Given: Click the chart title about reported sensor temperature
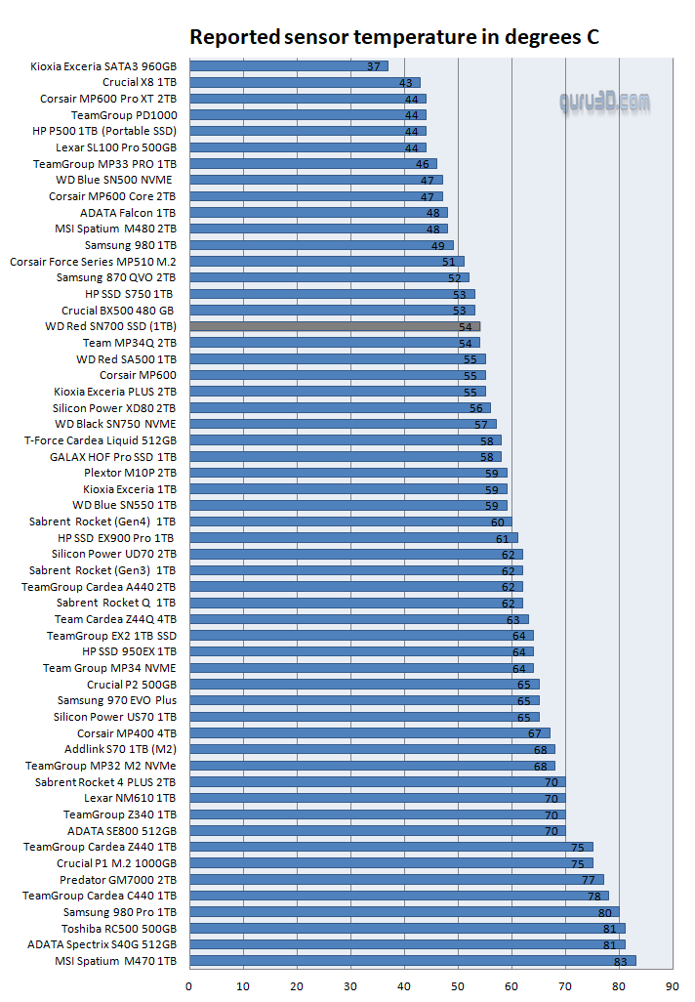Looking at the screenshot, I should (393, 37).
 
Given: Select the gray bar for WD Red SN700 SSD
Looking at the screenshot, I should (335, 326).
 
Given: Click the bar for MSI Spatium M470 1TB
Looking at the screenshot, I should (410, 960).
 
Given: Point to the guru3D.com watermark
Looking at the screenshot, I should (604, 101).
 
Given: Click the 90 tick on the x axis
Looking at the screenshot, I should (673, 985).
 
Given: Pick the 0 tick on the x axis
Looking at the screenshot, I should (189, 985).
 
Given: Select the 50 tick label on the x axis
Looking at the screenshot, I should (458, 985).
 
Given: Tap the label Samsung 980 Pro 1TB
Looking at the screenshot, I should (120, 911).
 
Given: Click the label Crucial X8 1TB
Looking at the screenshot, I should (140, 82).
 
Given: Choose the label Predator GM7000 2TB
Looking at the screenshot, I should (118, 879).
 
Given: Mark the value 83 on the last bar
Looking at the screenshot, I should (621, 961).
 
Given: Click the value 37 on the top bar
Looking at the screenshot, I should (374, 66).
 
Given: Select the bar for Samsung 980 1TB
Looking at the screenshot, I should (321, 245).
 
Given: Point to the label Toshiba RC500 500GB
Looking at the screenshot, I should (119, 928).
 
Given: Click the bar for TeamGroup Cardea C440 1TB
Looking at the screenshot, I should (398, 896).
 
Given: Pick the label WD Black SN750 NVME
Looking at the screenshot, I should (115, 424).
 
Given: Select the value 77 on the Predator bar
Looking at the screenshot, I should (589, 880).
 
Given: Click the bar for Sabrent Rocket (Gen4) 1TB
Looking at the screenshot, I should (350, 522).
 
